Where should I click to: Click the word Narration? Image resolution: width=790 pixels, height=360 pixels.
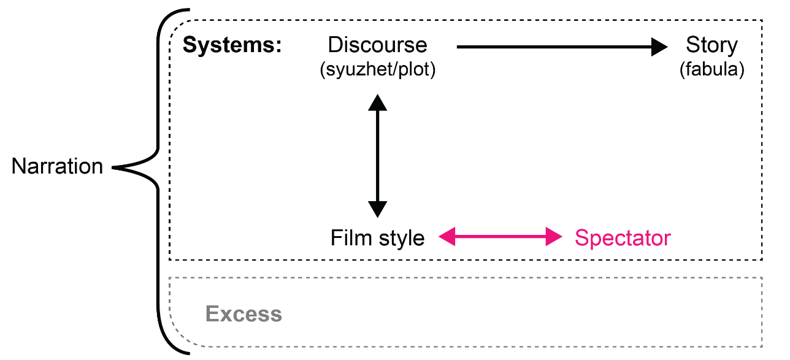pos(57,167)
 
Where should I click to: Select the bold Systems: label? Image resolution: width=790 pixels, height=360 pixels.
pos(232,45)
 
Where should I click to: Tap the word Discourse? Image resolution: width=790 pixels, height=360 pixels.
pos(377,45)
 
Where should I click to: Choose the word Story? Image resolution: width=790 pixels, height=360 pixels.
pos(711,45)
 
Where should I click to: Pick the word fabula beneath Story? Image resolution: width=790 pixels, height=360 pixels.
pos(711,70)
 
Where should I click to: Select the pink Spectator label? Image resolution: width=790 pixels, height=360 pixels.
pos(623,238)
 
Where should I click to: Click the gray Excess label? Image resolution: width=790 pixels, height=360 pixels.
pos(244,314)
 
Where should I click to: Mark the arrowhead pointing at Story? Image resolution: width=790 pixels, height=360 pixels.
pos(661,47)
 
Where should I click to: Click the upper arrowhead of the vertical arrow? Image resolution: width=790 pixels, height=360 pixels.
pos(377,102)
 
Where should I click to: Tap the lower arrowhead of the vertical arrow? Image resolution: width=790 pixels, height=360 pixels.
pos(377,209)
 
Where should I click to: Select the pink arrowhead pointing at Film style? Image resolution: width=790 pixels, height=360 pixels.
pos(447,236)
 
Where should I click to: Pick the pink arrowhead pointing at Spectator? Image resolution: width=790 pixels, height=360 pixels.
pos(554,236)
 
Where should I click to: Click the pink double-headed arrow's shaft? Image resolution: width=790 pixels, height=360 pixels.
pos(500,236)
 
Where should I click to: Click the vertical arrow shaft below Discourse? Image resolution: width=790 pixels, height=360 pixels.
pos(377,156)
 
